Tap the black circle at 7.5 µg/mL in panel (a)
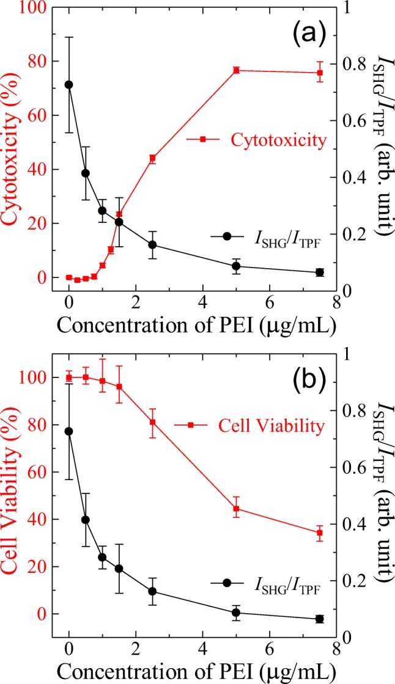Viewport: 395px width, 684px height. [319, 272]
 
